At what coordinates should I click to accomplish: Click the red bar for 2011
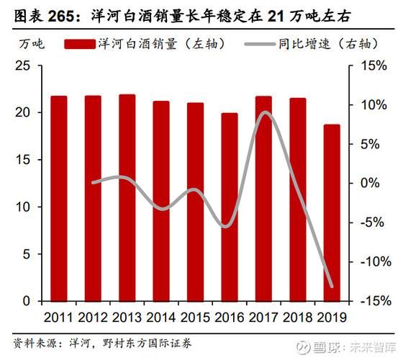click(59, 198)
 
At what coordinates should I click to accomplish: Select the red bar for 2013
click(127, 197)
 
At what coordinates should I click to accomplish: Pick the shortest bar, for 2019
click(332, 212)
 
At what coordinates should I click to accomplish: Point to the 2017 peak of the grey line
click(265, 112)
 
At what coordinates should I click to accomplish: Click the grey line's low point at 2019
click(332, 286)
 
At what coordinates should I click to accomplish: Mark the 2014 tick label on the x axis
click(161, 316)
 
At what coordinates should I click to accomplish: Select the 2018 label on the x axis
click(297, 316)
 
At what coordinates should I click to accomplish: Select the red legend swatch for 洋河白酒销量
click(79, 44)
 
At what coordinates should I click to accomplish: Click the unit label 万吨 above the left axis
click(31, 44)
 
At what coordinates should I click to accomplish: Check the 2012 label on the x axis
click(93, 316)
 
